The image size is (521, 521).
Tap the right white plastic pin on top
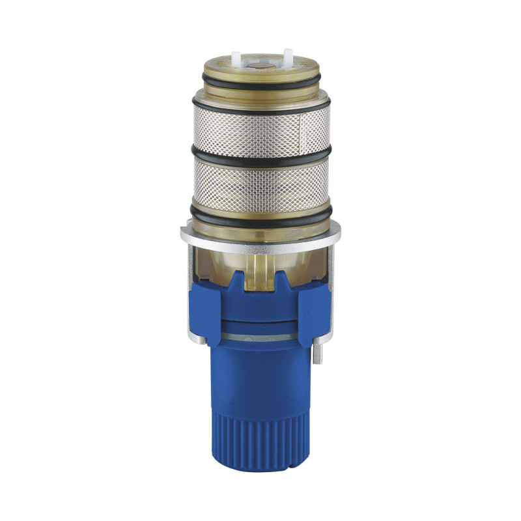point(287,55)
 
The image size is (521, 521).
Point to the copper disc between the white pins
point(261,66)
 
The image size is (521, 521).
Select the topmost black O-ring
point(260,85)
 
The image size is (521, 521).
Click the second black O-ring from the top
point(260,107)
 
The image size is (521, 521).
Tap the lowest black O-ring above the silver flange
point(260,214)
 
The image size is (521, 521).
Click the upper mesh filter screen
point(260,130)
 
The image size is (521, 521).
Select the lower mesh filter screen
point(260,182)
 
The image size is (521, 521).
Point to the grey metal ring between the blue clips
point(260,336)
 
